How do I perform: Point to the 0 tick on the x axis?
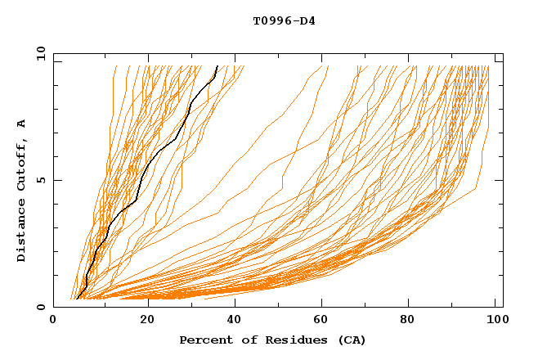coord(54,319)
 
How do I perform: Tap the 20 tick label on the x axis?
coord(142,319)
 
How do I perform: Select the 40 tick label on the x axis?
coord(231,319)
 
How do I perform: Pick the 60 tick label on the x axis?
coord(321,319)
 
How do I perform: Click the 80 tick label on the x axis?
coord(409,319)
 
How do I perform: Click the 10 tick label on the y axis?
coord(40,53)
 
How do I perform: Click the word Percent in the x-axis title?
coord(204,340)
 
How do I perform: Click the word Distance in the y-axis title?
coord(21,231)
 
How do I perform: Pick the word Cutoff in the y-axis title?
coord(21,165)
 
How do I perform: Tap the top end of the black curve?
coord(217,65)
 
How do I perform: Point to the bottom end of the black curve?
coord(76,299)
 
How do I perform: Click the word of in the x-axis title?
coord(245,340)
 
